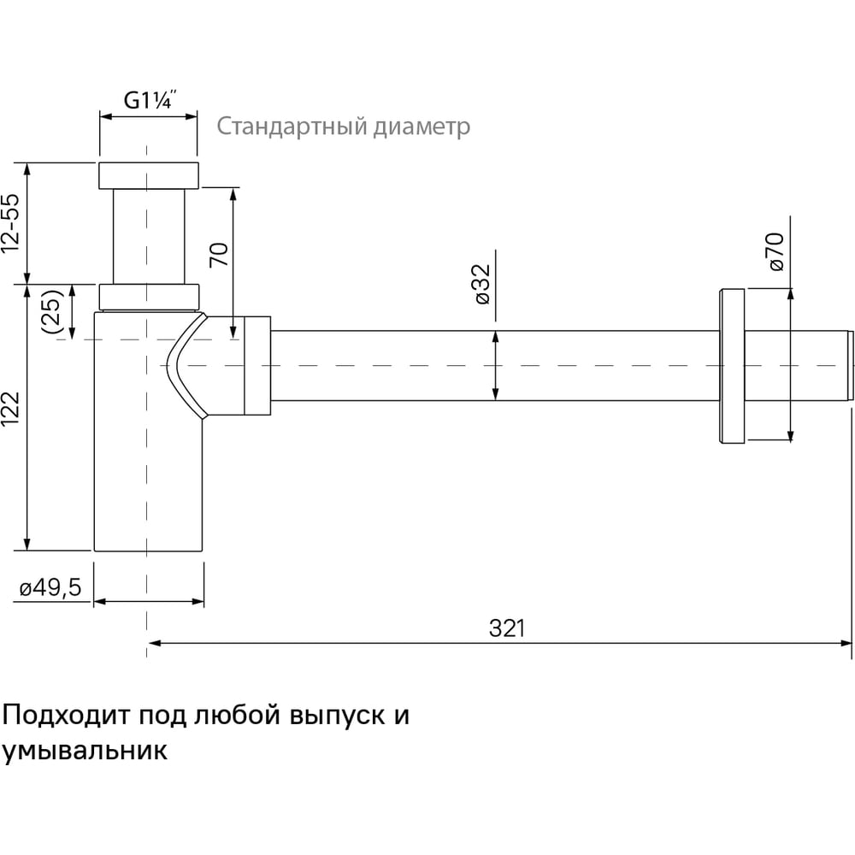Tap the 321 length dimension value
point(507,628)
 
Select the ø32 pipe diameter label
point(482,284)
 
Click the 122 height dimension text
point(11,409)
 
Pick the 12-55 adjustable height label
point(10,223)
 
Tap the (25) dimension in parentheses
point(53,311)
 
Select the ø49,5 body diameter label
point(50,588)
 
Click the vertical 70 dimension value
point(219,255)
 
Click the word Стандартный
point(292,127)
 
